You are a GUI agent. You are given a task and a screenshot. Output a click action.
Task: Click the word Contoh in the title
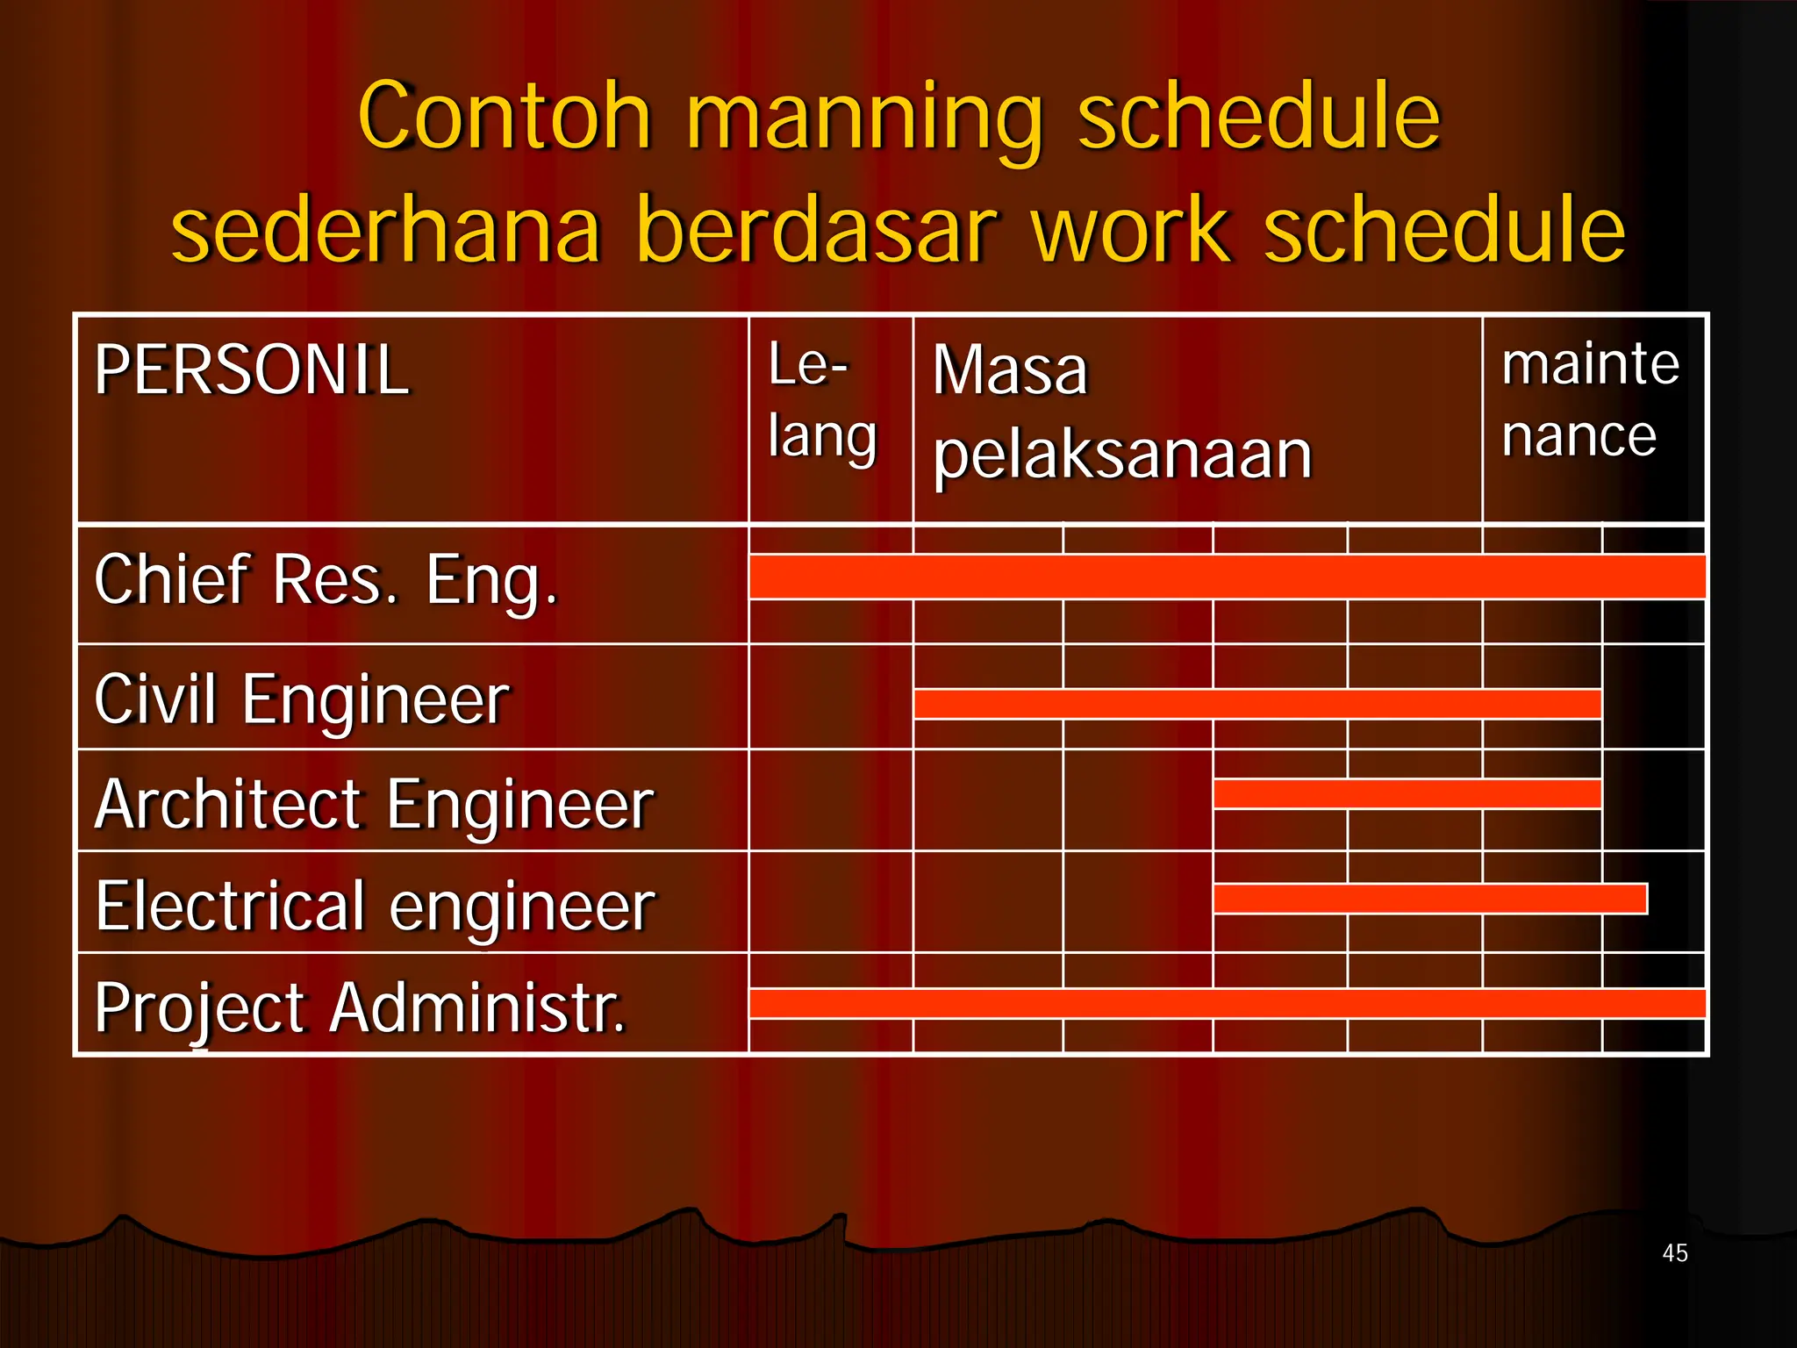point(505,116)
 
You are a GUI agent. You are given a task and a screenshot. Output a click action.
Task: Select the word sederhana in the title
point(386,230)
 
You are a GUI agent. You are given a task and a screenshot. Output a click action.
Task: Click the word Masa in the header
point(1009,370)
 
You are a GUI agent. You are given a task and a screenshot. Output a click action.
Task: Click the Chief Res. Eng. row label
point(325,581)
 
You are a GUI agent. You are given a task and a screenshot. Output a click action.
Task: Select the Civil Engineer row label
point(301,699)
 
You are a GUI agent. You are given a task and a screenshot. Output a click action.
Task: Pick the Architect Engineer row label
point(374,804)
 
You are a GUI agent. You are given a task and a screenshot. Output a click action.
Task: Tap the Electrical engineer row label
point(375,907)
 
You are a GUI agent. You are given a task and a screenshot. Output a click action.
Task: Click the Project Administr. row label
point(360,1008)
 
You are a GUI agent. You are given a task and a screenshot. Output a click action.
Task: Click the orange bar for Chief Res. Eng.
point(1227,577)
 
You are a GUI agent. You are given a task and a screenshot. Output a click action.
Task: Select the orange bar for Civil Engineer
point(1256,704)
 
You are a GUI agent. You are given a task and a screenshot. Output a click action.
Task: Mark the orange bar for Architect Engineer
point(1407,793)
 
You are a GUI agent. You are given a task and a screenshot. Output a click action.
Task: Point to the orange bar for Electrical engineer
point(1430,899)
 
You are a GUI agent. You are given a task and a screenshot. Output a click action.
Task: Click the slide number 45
point(1674,1253)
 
